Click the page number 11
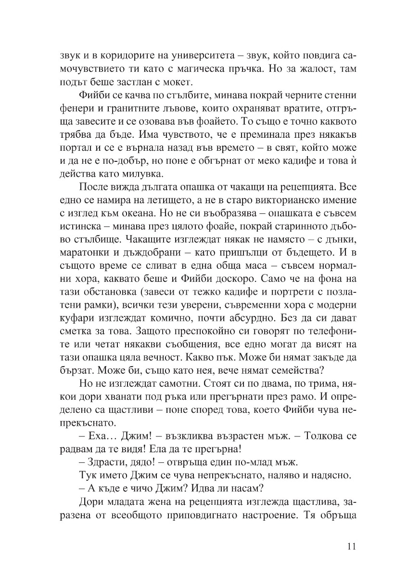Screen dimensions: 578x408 (350, 546)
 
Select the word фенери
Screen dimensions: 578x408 (72, 105)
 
